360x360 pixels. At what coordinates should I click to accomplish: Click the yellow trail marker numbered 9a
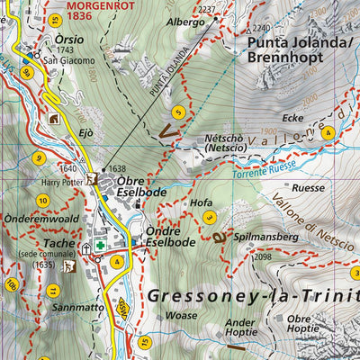(28, 73)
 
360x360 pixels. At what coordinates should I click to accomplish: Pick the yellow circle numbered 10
(42, 200)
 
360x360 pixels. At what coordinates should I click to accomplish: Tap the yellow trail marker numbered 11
(53, 290)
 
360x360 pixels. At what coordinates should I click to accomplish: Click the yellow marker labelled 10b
(11, 285)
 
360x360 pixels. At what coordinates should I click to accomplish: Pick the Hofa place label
(202, 203)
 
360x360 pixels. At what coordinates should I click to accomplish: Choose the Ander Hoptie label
(240, 328)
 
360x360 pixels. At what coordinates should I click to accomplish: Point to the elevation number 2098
(262, 257)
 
